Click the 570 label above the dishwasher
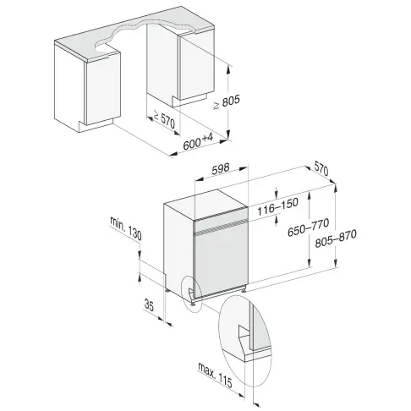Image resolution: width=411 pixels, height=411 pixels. pyautogui.click(x=321, y=169)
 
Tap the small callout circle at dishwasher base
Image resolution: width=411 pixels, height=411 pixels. pyautogui.click(x=194, y=293)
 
